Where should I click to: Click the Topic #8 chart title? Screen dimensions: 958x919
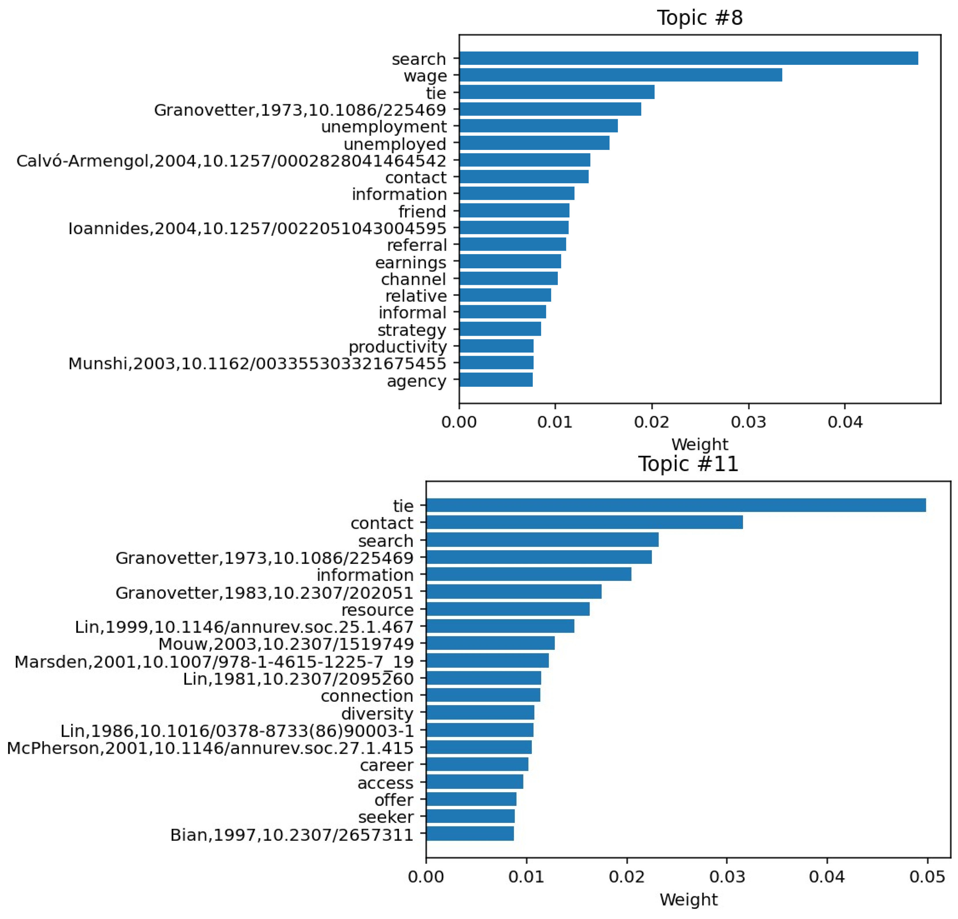coord(699,18)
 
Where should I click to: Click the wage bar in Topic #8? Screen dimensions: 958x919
coord(621,75)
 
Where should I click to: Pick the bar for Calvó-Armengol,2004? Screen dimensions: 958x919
coord(525,160)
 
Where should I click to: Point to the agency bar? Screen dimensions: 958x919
coord(496,379)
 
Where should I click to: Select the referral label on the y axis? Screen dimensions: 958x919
coord(417,245)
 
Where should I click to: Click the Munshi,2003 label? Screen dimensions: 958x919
coord(257,363)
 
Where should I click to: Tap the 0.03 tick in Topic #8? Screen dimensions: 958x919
coord(748,422)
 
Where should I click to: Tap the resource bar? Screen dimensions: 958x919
coord(508,609)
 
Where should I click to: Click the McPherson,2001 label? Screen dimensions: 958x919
coord(210,748)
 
